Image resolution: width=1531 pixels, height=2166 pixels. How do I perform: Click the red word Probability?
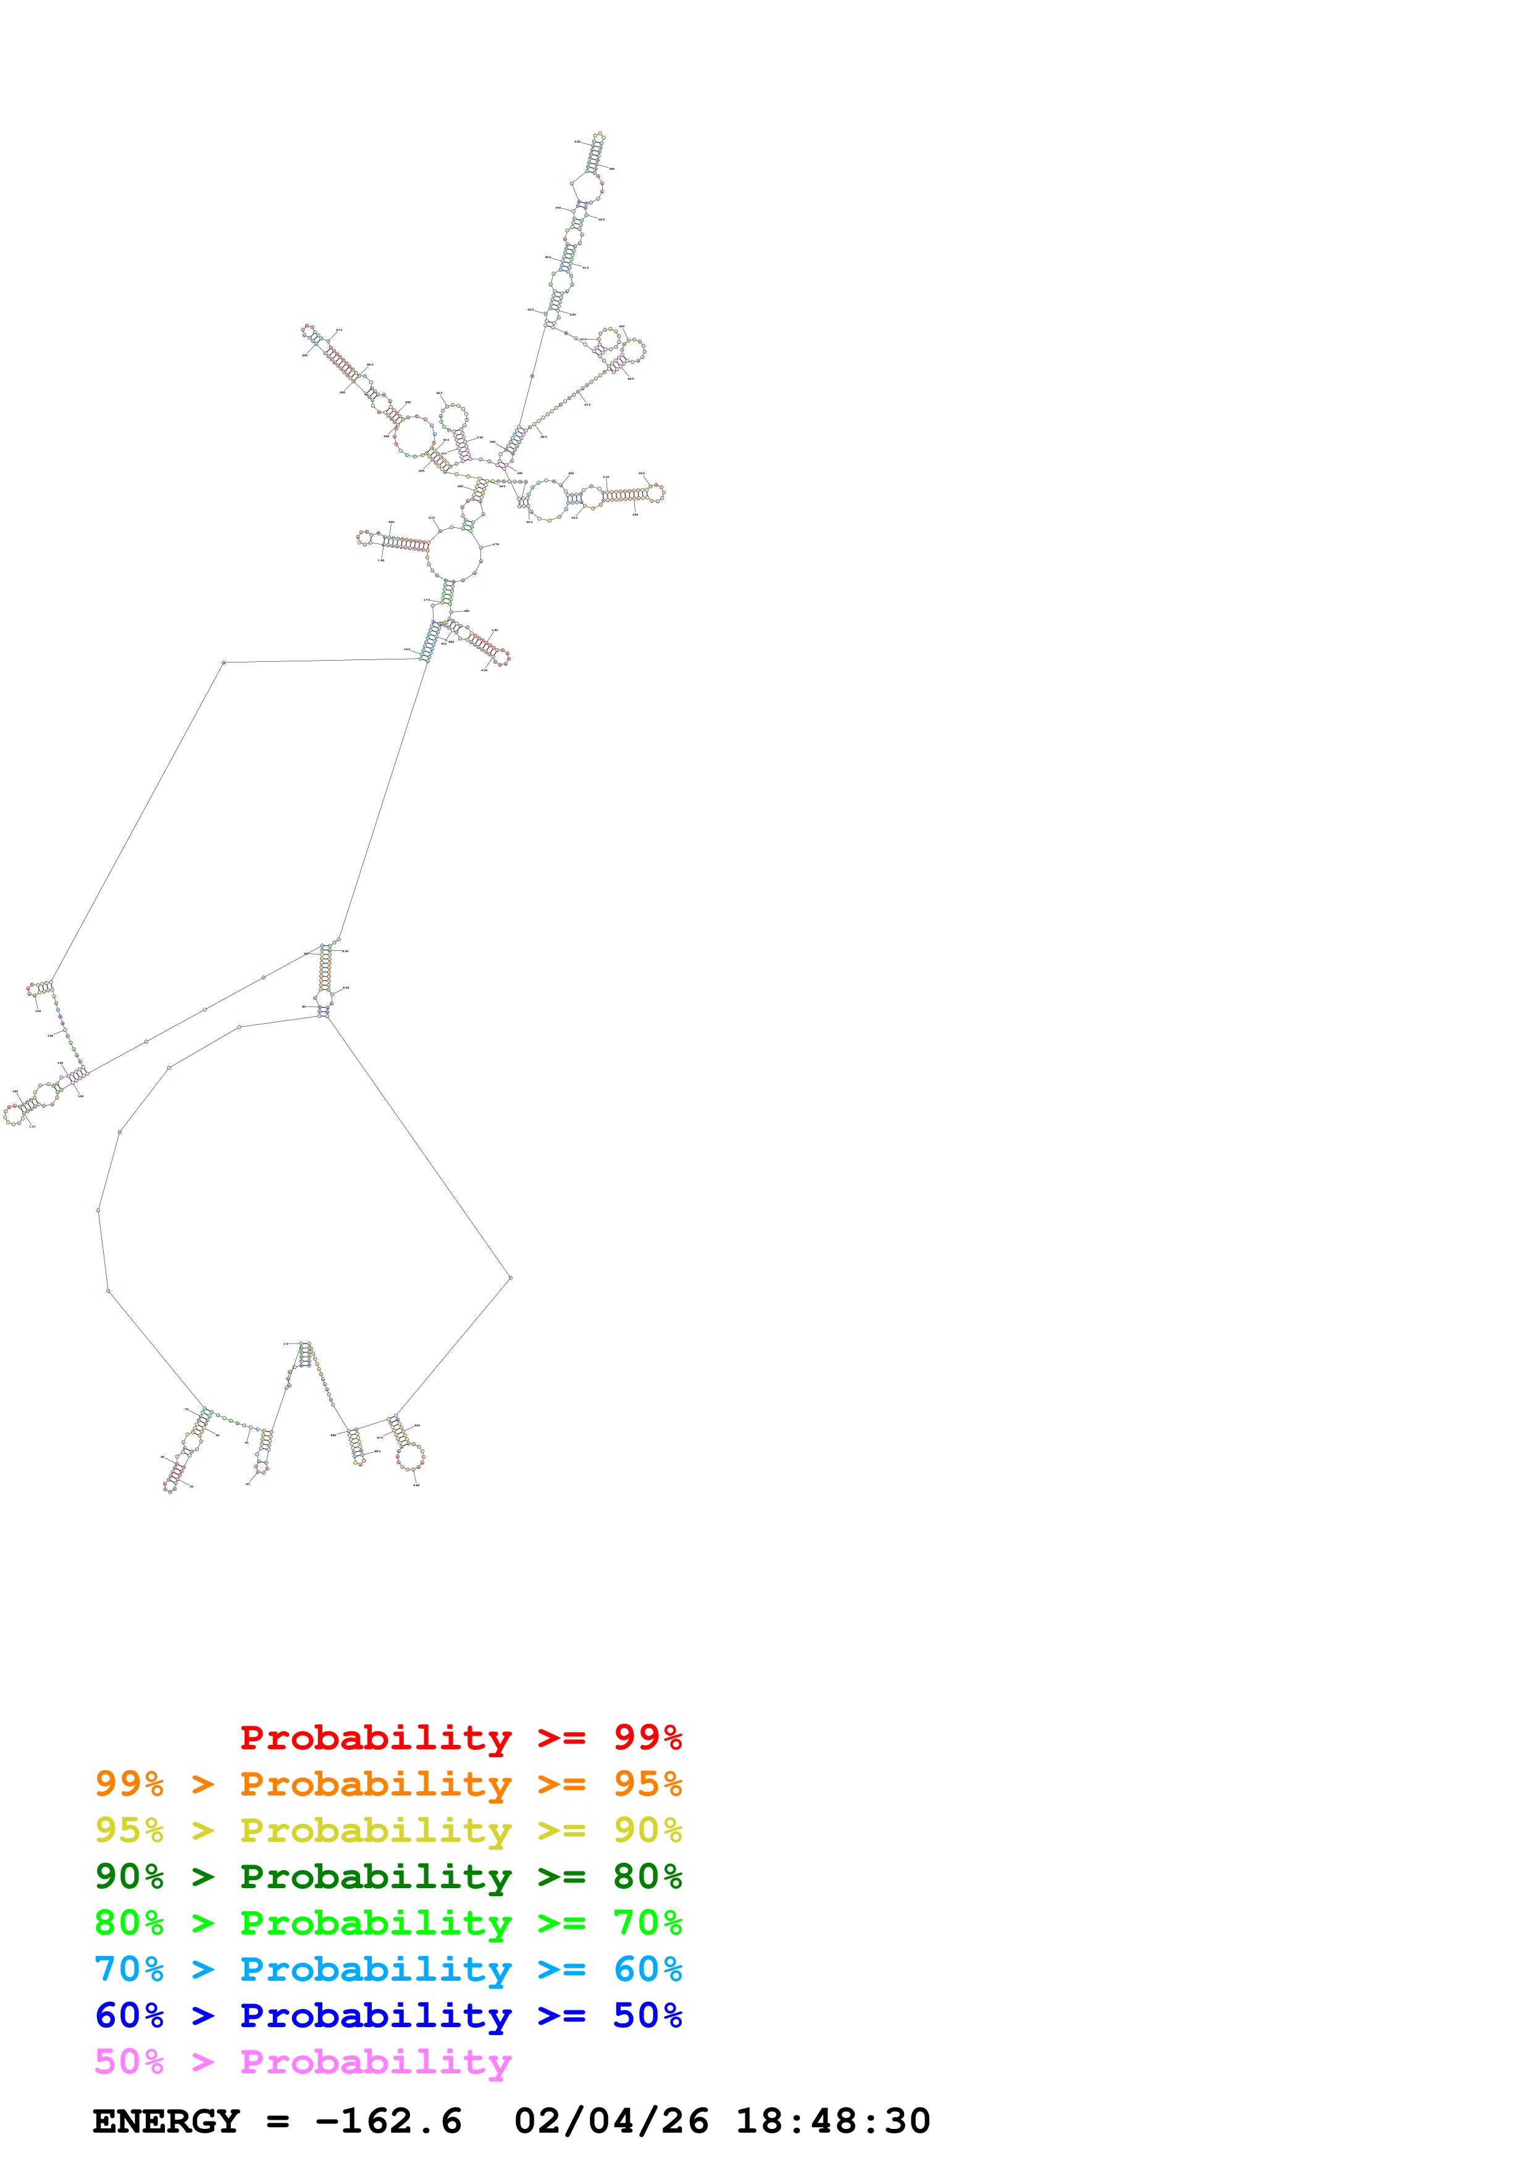(375, 1737)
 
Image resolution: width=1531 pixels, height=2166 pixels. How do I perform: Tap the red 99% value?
(647, 1737)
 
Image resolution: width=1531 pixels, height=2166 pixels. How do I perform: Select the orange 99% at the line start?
(129, 1784)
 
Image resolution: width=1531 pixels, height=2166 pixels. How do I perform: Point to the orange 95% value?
(647, 1784)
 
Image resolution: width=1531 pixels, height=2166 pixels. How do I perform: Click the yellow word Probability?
(375, 1830)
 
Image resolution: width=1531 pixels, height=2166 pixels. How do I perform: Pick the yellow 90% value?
(647, 1830)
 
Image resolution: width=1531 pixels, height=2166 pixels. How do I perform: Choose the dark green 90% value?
(129, 1876)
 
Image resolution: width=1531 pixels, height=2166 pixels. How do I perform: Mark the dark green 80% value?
(647, 1876)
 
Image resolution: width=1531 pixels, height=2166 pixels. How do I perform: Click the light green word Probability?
(375, 1923)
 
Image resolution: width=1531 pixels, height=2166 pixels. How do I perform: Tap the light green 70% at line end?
(647, 1923)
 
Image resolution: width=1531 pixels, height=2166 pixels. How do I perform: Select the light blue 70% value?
(129, 1969)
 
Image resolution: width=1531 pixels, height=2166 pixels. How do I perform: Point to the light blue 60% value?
(647, 1969)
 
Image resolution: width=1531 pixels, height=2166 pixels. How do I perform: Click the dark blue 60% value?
(129, 2015)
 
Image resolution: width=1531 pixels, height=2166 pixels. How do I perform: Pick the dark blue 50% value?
(647, 2015)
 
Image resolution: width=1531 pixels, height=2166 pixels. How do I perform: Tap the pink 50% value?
(129, 2061)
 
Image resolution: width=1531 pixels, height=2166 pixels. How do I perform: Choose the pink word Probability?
(375, 2061)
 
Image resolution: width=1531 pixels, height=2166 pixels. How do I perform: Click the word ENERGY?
(166, 2122)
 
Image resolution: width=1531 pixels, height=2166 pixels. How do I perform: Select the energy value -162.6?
(388, 2122)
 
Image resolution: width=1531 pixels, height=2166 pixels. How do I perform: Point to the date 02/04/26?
(611, 2122)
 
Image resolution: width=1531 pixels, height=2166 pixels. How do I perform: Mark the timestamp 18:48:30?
(833, 2122)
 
